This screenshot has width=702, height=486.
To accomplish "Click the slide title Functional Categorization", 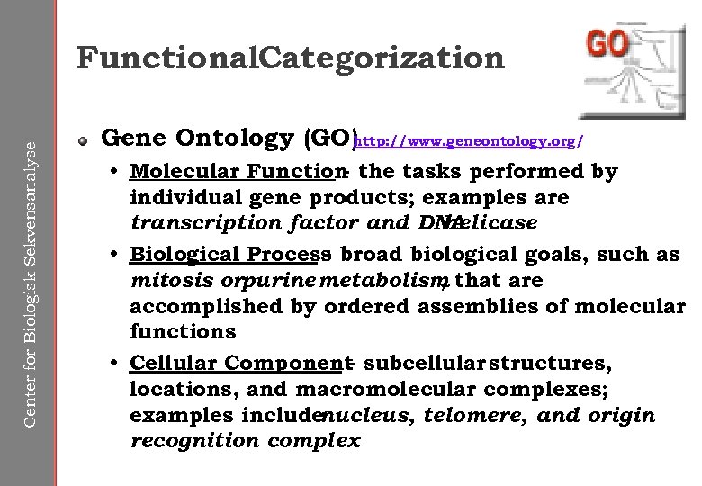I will pyautogui.click(x=291, y=58).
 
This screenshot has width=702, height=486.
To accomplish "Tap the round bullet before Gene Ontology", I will pyautogui.click(x=82, y=140).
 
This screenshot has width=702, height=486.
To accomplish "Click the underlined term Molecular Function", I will pyautogui.click(x=237, y=171).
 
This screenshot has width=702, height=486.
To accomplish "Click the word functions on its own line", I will pyautogui.click(x=183, y=332).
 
